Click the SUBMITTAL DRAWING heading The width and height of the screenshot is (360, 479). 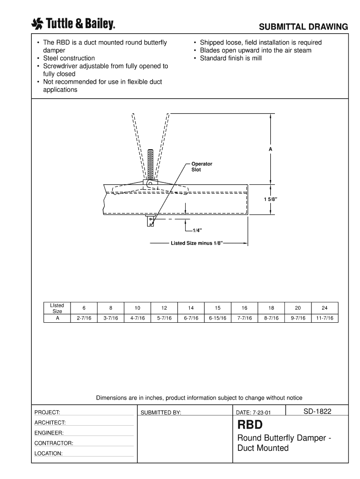pyautogui.click(x=304, y=27)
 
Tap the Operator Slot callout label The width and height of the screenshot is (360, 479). pyautogui.click(x=202, y=167)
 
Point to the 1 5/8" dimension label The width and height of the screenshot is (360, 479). pyautogui.click(x=270, y=200)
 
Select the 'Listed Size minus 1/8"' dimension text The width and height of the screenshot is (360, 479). pyautogui.click(x=197, y=244)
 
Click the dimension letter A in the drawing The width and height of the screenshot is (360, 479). pyautogui.click(x=270, y=149)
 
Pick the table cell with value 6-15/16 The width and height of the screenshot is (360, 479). pyautogui.click(x=217, y=318)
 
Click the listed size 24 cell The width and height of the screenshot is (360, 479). pyautogui.click(x=324, y=308)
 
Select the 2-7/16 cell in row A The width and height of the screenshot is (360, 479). pyautogui.click(x=84, y=318)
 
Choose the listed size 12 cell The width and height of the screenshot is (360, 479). pyautogui.click(x=164, y=308)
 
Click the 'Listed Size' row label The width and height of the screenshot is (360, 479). pyautogui.click(x=57, y=308)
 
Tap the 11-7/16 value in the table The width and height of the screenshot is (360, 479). pyautogui.click(x=324, y=318)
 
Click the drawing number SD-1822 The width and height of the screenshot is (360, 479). pyautogui.click(x=317, y=411)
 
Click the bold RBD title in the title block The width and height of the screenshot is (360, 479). pyautogui.click(x=250, y=425)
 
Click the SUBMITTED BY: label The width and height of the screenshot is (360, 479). pyautogui.click(x=160, y=413)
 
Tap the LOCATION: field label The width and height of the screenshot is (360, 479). pyautogui.click(x=49, y=453)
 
